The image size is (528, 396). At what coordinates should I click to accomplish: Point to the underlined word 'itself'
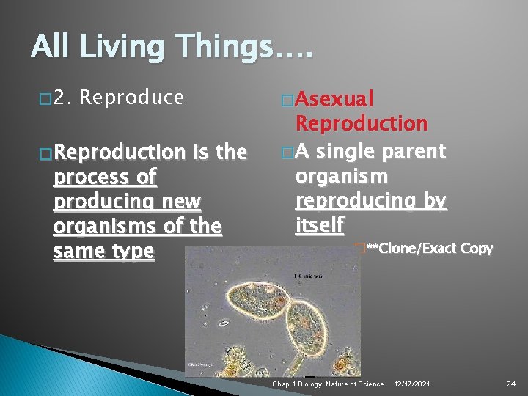tap(319, 226)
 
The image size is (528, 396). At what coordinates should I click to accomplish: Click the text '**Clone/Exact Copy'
tap(429, 248)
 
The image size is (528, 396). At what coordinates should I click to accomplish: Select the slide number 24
tap(512, 384)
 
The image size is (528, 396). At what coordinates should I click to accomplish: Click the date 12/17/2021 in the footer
tap(413, 384)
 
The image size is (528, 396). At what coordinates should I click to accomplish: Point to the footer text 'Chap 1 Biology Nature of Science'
tap(328, 384)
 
